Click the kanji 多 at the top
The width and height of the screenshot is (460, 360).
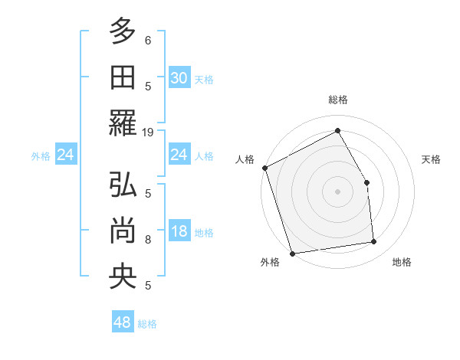(123, 32)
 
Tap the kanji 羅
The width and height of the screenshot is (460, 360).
(123, 123)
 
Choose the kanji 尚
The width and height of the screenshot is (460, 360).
(123, 231)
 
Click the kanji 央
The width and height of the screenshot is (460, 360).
(123, 277)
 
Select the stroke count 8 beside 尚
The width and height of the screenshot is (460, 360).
(148, 240)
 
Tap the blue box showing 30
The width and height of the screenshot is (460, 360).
(179, 78)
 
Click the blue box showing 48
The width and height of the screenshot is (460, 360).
(122, 322)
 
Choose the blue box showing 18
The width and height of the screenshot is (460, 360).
(179, 232)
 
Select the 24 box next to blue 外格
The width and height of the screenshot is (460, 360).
(65, 155)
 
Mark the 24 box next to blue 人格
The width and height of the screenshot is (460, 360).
(179, 155)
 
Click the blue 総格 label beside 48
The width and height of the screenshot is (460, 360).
(147, 324)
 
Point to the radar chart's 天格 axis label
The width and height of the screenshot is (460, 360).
(432, 159)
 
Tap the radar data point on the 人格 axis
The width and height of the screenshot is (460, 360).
(264, 167)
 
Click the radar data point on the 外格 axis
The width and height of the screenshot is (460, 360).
(292, 253)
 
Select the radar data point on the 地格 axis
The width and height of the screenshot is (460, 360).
(374, 242)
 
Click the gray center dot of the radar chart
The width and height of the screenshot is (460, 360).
(337, 191)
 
